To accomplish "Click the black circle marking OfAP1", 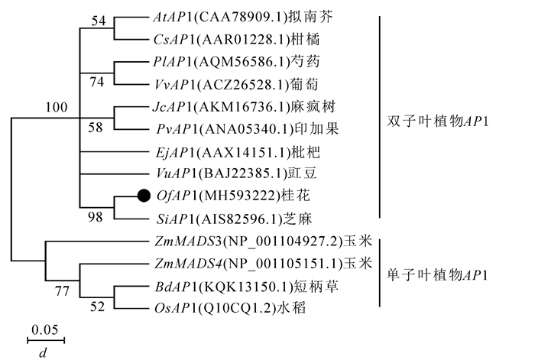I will click(143, 196).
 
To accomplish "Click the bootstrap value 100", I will click(57, 109).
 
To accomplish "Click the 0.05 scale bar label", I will click(45, 329).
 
